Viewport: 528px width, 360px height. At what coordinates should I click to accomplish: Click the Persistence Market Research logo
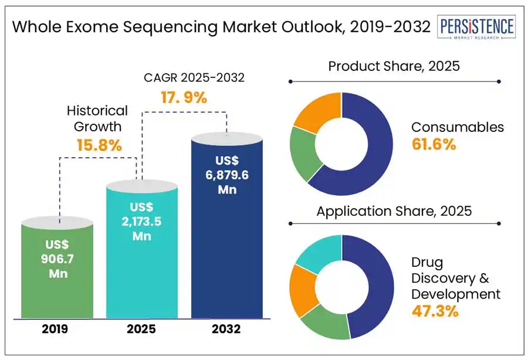click(x=476, y=27)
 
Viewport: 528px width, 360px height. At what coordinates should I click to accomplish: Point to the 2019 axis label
click(x=55, y=329)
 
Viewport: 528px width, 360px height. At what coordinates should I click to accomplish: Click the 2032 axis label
click(x=226, y=329)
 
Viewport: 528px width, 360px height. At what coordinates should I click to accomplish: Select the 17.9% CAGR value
click(x=184, y=97)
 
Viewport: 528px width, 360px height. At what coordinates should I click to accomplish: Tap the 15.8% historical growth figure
click(x=99, y=145)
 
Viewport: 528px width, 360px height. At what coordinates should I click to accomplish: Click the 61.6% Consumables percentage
click(x=434, y=144)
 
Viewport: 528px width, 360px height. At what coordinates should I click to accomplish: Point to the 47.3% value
click(x=435, y=311)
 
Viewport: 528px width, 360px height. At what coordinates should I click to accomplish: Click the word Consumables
click(x=458, y=127)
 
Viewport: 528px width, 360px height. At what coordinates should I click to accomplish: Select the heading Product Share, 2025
click(x=394, y=66)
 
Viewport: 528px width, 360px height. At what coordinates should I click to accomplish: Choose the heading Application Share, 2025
click(x=394, y=211)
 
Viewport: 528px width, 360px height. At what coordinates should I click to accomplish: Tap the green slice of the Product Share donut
click(x=304, y=153)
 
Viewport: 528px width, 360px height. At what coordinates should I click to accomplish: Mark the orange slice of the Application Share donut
click(x=303, y=290)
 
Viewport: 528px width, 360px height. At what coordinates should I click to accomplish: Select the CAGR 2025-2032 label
click(x=194, y=78)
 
